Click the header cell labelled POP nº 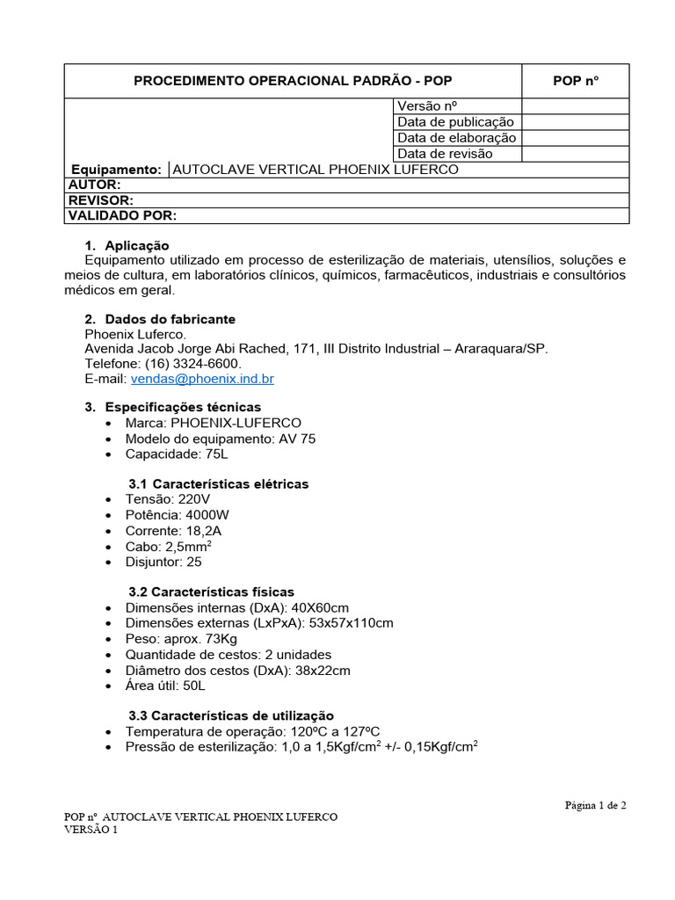(x=575, y=81)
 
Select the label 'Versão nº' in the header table (x=429, y=106)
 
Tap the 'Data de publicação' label (x=455, y=122)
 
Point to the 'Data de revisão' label (x=445, y=154)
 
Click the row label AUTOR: (x=94, y=185)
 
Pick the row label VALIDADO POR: (x=123, y=215)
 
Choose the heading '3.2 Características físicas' (x=211, y=592)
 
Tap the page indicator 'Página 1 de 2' (x=595, y=804)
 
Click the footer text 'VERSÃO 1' (x=91, y=830)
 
